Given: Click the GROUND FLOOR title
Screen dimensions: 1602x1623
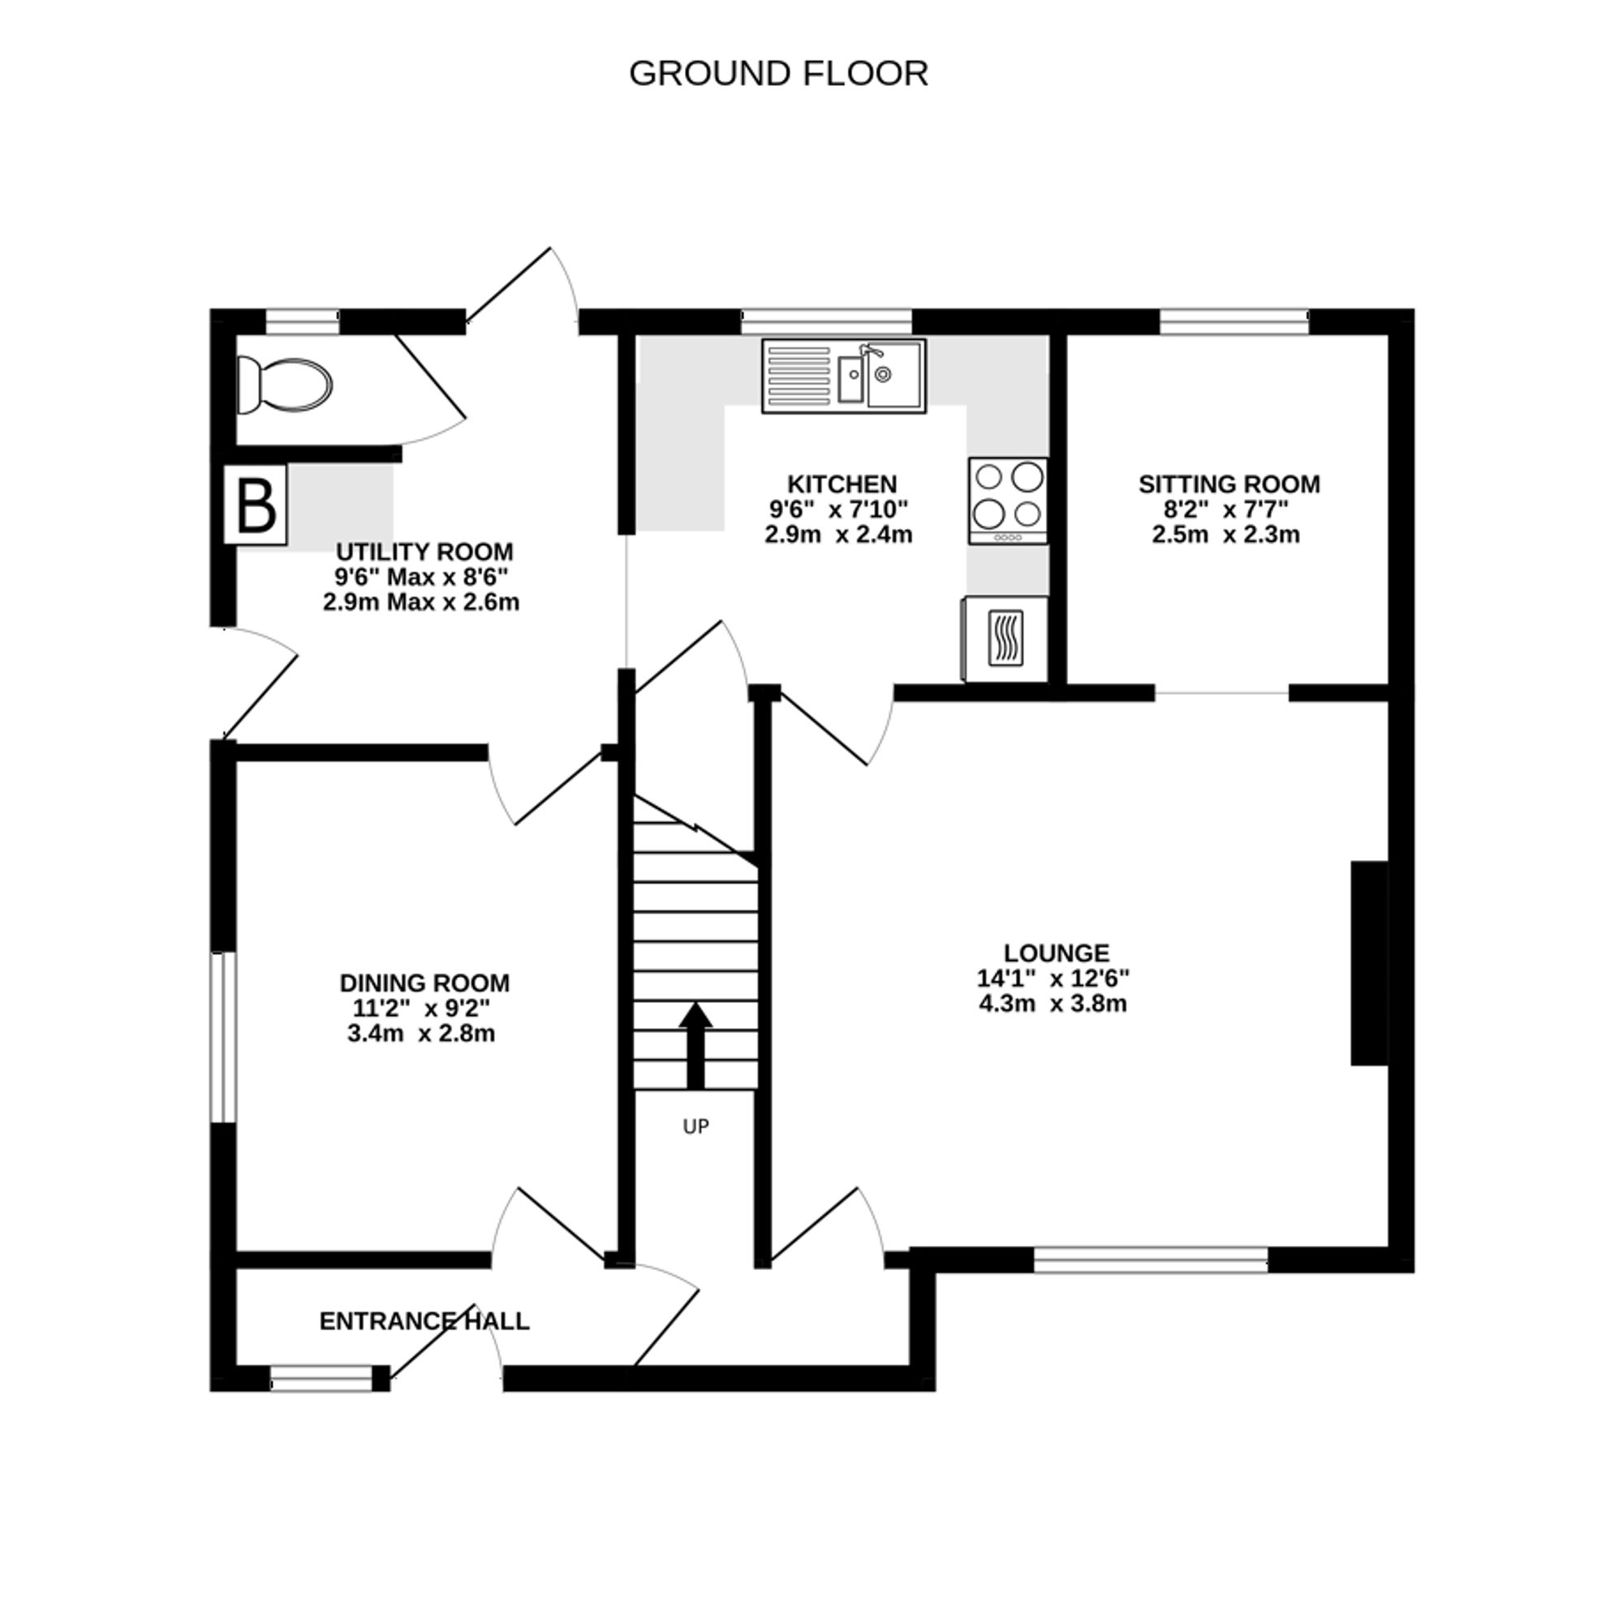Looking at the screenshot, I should pos(778,74).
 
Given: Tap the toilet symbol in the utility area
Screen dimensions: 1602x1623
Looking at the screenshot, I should pos(284,385).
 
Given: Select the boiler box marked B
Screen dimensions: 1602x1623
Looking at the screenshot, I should pos(256,505).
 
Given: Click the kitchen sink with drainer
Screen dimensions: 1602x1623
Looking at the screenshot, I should pos(843,376).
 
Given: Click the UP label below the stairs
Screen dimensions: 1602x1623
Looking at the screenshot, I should pos(695,1126).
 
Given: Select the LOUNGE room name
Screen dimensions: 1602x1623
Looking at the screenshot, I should pos(1056,953).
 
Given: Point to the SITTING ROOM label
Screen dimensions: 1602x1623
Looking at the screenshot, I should pos(1228,484).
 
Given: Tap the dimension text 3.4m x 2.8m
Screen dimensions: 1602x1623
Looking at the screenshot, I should pos(421,1033).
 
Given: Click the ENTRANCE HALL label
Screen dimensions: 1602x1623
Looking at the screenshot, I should pos(424,1321).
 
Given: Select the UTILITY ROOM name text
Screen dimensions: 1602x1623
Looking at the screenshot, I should pos(424,552).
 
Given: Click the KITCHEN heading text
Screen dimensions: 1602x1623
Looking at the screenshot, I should pos(842,484).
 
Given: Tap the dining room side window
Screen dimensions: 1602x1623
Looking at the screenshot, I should pos(222,1036).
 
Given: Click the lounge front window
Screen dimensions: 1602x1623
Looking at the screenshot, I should pos(1150,1259).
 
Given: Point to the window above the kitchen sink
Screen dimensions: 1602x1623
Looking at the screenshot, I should pos(827,321).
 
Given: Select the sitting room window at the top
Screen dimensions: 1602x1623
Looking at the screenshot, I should pos(1234,321).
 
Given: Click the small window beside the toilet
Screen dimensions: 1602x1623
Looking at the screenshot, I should pos(303,321).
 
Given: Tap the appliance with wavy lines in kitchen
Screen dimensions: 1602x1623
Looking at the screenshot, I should pos(1005,639).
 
